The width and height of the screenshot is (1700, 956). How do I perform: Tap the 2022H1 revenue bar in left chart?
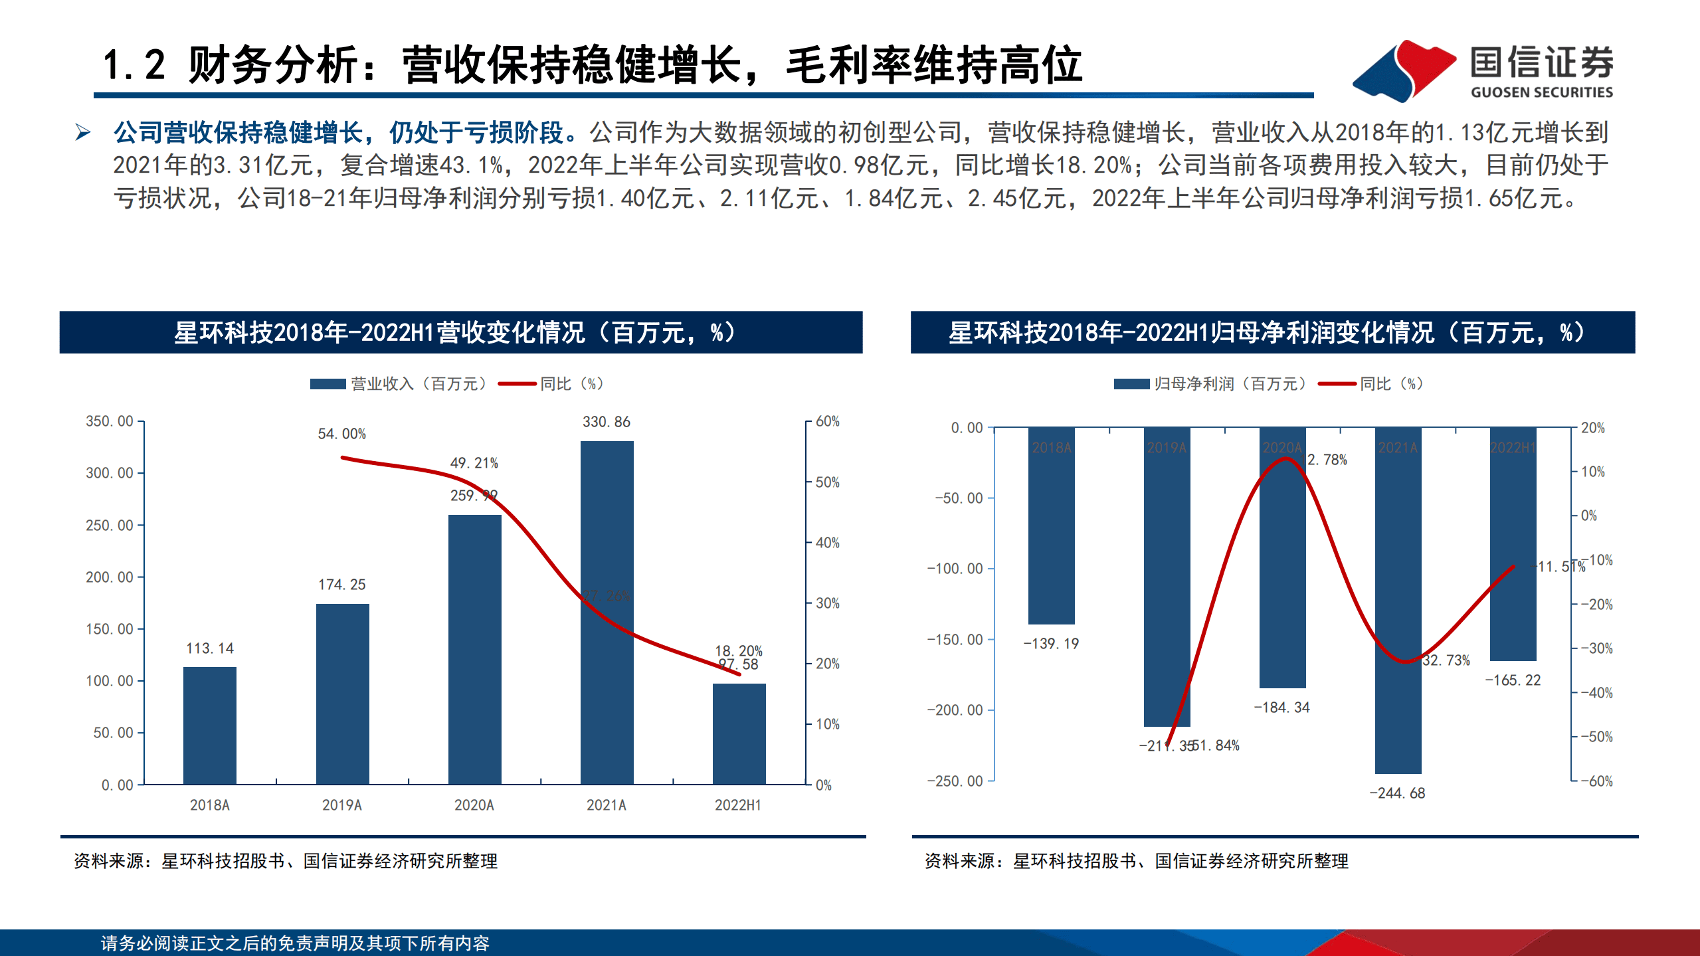coord(739,734)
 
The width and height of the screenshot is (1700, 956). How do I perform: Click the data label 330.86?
coord(606,422)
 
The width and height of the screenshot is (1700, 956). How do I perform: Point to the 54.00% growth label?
coord(341,434)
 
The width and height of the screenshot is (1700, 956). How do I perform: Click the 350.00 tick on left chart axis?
coord(110,421)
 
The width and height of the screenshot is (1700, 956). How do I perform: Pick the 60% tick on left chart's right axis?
coord(828,421)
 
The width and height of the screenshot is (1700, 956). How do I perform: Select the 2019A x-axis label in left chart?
coord(341,805)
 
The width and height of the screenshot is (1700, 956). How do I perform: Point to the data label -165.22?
coord(1513,680)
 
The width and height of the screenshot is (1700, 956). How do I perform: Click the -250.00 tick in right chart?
coord(955,781)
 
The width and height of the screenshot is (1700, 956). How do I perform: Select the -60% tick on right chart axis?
coord(1596,781)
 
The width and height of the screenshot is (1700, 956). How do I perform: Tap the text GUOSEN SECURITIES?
coord(1541,92)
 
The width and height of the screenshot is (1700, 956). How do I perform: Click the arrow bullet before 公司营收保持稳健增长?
coord(83,132)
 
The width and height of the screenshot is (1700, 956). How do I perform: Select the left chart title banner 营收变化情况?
coord(460,332)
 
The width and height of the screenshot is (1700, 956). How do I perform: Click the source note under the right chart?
coord(1136,861)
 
